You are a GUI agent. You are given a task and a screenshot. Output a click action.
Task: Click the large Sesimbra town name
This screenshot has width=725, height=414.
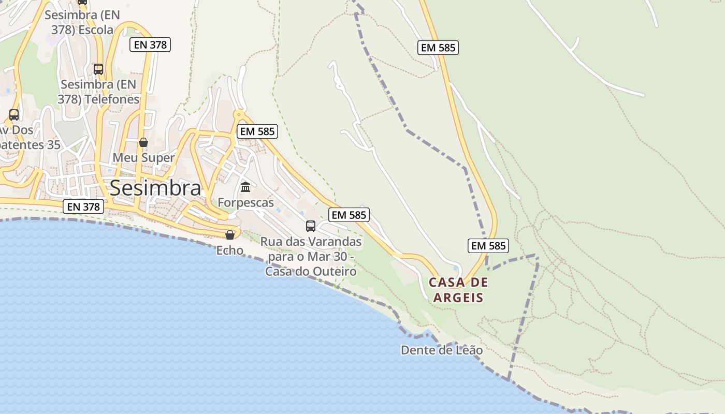155,188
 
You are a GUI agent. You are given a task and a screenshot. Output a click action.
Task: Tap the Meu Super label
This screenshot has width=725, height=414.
143,157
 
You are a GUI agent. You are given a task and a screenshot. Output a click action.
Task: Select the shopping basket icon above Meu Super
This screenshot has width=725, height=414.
143,142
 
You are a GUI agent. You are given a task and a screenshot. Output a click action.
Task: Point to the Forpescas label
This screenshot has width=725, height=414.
245,202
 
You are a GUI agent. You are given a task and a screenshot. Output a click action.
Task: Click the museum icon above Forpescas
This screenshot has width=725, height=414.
245,187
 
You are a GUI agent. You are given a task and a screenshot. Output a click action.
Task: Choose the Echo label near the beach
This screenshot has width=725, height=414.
229,250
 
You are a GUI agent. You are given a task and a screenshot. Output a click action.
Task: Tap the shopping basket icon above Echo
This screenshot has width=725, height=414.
230,235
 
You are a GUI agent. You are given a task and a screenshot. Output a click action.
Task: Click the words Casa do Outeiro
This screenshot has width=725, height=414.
311,271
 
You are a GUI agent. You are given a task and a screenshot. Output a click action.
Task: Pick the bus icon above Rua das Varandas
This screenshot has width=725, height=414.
311,226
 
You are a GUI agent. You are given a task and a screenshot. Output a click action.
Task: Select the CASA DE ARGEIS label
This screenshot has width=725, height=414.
458,290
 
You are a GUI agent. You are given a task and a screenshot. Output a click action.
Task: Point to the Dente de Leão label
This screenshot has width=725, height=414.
442,350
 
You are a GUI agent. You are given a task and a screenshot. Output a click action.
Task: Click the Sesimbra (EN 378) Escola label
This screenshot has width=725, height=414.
82,22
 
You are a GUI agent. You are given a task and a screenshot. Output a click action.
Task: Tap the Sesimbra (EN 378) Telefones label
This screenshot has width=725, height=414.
98,92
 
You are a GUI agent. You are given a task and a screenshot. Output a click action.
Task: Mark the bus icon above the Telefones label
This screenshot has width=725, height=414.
98,69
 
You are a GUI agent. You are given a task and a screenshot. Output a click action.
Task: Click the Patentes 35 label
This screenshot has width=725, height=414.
30,145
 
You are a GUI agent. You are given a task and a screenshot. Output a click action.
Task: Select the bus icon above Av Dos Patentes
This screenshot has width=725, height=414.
14,115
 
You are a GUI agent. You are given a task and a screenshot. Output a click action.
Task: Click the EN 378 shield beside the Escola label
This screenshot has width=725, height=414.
150,45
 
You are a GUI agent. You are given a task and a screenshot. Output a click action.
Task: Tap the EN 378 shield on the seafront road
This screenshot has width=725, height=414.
84,207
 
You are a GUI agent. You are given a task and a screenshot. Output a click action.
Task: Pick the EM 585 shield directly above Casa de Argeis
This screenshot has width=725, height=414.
488,245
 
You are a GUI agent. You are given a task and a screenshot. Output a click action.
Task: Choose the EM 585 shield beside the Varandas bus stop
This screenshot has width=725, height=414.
349,215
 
